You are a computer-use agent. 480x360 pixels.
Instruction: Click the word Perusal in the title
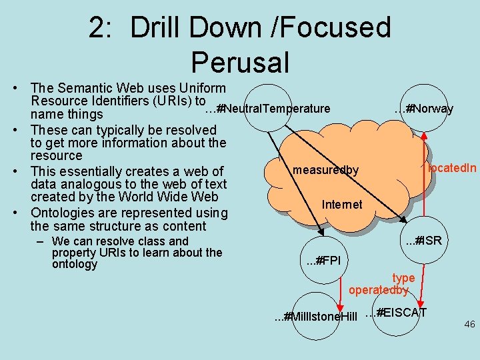coord(240,62)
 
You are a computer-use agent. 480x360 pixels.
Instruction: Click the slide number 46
coord(469,325)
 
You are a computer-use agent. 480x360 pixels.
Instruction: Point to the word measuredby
coord(325,171)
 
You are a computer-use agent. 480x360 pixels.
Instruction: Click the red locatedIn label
coord(452,168)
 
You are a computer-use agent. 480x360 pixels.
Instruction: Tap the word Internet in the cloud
coord(341,205)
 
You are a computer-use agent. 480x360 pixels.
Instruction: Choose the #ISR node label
coord(423,240)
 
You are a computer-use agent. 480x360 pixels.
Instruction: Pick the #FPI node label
coord(323,260)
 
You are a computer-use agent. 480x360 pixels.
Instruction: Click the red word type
coord(403,278)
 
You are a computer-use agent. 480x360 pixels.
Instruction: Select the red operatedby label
coord(378,290)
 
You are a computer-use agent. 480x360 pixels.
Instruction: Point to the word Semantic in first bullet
coord(85,88)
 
